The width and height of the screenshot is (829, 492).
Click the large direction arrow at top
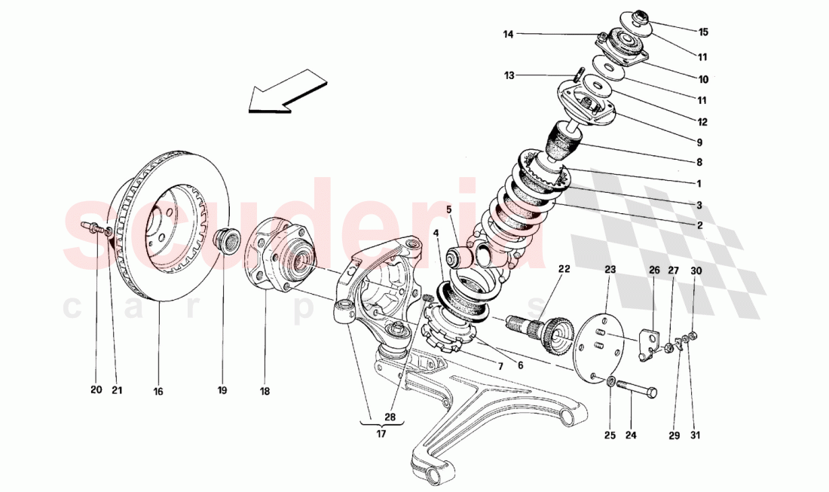(x=280, y=92)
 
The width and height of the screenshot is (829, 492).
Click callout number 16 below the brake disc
(x=158, y=391)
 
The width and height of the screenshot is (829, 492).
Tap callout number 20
(x=96, y=390)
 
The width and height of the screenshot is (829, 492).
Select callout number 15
(x=703, y=32)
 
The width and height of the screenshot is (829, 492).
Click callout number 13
(x=509, y=75)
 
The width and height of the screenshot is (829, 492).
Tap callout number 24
(x=631, y=435)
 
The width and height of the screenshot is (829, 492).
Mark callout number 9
(x=699, y=142)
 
